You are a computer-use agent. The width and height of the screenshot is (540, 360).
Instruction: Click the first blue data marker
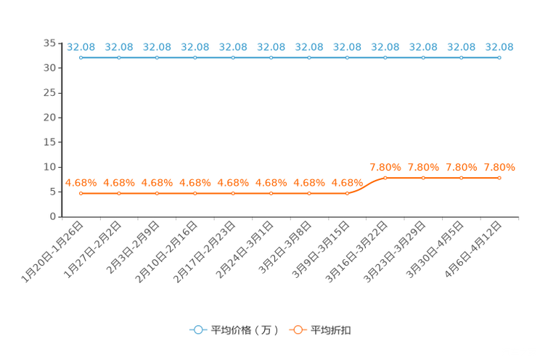81,57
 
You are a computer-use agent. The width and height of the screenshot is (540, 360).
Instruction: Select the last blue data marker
499,57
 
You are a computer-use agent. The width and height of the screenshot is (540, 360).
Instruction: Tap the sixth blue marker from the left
271,57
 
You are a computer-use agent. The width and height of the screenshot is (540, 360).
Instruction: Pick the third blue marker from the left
157,57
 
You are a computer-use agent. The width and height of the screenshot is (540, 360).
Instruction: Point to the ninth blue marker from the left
385,57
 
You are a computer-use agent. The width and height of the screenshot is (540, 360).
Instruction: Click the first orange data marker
81,194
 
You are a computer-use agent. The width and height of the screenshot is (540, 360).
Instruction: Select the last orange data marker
499,177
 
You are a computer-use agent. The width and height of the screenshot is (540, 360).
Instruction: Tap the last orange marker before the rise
347,194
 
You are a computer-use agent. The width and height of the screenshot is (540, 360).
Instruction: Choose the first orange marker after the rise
385,177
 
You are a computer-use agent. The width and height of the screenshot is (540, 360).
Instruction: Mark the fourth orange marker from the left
195,194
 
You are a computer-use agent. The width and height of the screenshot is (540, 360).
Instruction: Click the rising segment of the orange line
366,185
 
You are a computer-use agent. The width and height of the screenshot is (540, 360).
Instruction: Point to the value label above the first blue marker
78,46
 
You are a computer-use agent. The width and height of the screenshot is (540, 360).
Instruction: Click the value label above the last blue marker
499,46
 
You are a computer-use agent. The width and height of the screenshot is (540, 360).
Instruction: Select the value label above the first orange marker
79,183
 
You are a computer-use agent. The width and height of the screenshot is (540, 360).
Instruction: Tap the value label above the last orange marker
499,167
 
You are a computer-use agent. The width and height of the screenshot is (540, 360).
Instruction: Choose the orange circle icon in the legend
298,330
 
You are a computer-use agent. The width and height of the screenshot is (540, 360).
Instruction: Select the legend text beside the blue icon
245,330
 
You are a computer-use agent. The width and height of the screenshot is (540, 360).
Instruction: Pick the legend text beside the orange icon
332,330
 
